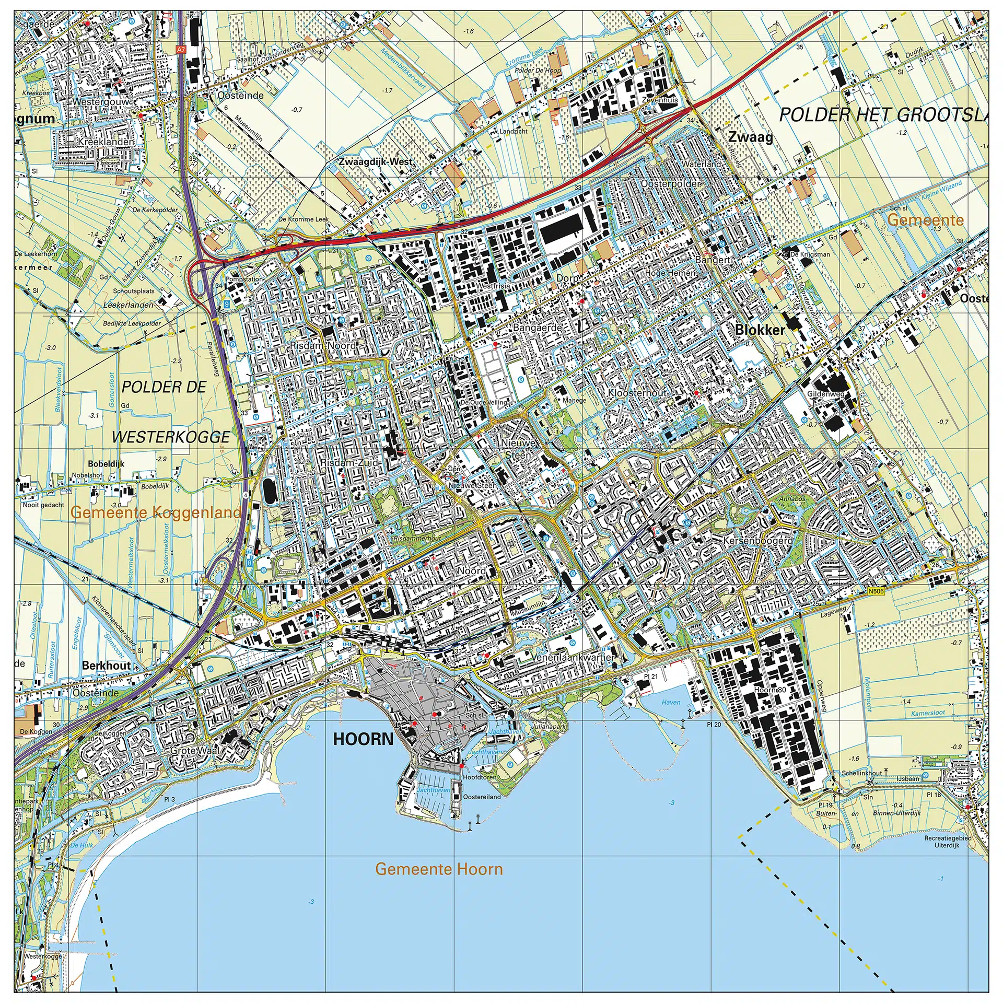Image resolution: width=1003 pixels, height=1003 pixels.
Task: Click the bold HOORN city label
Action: tap(363, 739)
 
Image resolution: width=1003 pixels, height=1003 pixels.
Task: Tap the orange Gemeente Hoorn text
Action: tap(439, 869)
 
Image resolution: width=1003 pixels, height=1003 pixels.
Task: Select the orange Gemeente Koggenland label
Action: tap(156, 512)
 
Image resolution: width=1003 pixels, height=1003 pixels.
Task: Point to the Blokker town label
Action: tap(760, 330)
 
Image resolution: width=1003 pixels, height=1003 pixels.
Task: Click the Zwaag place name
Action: tap(750, 137)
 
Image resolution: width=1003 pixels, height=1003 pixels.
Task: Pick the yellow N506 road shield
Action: tap(877, 592)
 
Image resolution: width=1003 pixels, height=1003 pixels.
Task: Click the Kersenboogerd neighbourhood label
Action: tap(758, 541)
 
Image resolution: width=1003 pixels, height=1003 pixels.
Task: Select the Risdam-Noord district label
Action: tap(322, 346)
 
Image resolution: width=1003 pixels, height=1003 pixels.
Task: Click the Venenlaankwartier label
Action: tap(574, 657)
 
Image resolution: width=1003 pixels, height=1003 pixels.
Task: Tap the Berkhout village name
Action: tap(106, 666)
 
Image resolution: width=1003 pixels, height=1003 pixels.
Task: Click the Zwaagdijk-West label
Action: tap(376, 162)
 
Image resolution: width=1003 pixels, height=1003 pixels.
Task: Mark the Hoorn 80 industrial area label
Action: tap(770, 690)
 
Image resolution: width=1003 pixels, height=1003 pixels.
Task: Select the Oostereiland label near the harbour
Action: tap(482, 797)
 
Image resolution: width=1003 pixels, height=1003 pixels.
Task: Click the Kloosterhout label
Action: tap(637, 393)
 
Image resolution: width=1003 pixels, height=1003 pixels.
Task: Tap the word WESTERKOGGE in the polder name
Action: tap(171, 437)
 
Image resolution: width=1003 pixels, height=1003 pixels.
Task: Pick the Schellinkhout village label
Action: tap(861, 773)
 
